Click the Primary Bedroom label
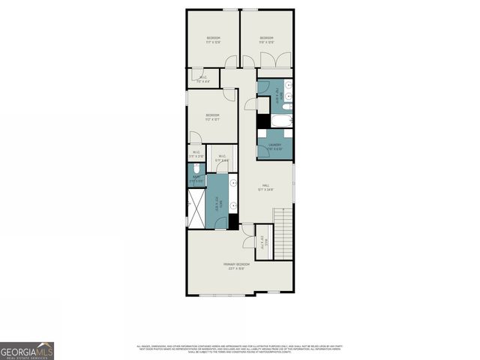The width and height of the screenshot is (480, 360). (236, 265)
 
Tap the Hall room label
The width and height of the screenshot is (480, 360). (265, 187)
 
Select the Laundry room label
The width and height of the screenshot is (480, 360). (274, 145)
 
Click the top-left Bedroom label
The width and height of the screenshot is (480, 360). (213, 40)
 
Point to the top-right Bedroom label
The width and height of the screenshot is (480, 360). (266, 40)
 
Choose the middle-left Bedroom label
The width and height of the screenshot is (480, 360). (212, 116)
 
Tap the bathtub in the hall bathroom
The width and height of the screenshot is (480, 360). (281, 121)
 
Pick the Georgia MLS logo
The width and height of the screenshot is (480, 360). (27, 351)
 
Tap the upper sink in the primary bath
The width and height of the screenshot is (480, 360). (233, 182)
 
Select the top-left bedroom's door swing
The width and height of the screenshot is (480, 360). (232, 61)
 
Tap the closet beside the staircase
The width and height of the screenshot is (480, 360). (262, 241)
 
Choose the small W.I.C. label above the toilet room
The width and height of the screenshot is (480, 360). (196, 154)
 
